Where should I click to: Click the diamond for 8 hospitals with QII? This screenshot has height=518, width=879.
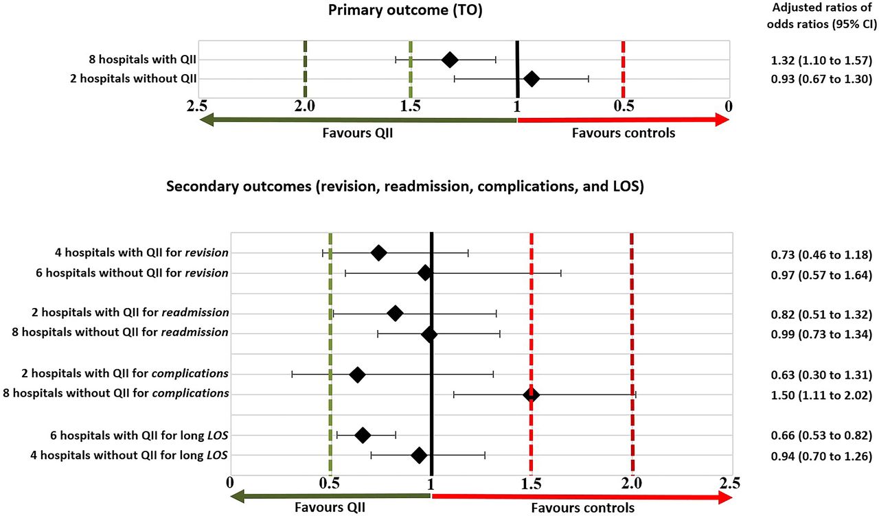(450, 60)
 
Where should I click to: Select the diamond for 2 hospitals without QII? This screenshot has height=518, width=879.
(532, 79)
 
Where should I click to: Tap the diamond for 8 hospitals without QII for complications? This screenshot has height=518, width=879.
(531, 395)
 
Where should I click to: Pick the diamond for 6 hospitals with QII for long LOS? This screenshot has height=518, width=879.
(363, 435)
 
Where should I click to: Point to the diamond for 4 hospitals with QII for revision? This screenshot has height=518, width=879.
(378, 253)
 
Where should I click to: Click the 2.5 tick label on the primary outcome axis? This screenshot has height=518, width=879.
(197, 106)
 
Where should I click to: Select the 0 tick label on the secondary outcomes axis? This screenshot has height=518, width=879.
(230, 483)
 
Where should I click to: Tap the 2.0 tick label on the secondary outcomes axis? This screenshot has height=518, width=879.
(631, 483)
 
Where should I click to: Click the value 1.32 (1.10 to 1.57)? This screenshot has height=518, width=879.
(821, 60)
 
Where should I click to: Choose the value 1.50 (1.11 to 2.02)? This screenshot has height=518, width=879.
(821, 395)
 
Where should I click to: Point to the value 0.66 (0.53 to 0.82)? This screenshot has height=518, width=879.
(821, 436)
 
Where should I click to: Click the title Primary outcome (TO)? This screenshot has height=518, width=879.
(405, 10)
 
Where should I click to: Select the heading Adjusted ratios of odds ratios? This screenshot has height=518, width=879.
(822, 16)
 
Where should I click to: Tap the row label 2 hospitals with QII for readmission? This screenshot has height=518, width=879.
(130, 313)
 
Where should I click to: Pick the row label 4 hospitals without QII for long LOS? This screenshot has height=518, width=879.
(129, 456)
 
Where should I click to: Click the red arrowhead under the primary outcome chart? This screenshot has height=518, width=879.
(722, 120)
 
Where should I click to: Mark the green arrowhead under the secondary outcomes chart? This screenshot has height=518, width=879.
(238, 497)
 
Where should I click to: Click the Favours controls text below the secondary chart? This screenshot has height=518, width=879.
(583, 508)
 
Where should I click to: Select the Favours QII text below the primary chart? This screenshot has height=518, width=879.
(358, 133)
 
